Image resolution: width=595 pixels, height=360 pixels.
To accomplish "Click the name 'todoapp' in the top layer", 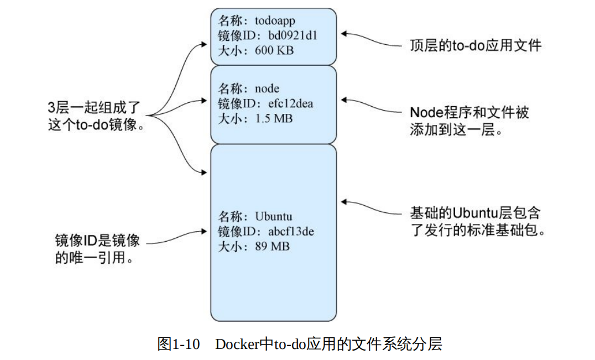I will [x=275, y=22].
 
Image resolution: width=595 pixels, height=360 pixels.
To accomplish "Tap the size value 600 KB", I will [x=274, y=50].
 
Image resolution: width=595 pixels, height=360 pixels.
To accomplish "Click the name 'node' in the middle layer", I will [x=267, y=88].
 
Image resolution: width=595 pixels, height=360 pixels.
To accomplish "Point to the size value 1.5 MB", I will [x=274, y=118].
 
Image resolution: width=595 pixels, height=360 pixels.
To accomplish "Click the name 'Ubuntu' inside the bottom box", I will [x=273, y=216].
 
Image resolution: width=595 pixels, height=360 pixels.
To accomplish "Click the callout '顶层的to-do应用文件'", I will [x=475, y=45].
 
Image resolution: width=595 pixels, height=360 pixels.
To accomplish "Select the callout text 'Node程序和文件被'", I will [x=469, y=112].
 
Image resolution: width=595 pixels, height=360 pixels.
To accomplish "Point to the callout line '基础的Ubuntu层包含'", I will [x=475, y=213].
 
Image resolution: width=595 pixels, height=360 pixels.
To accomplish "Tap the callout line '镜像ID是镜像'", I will [x=97, y=241].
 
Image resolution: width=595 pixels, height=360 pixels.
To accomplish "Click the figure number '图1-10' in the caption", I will [x=178, y=345].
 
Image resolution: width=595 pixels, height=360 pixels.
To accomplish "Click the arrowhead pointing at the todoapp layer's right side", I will [x=344, y=34].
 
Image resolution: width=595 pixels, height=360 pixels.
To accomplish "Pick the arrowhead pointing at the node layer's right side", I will [x=344, y=101].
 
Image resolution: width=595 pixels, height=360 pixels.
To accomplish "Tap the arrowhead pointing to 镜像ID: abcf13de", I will [x=206, y=233].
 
